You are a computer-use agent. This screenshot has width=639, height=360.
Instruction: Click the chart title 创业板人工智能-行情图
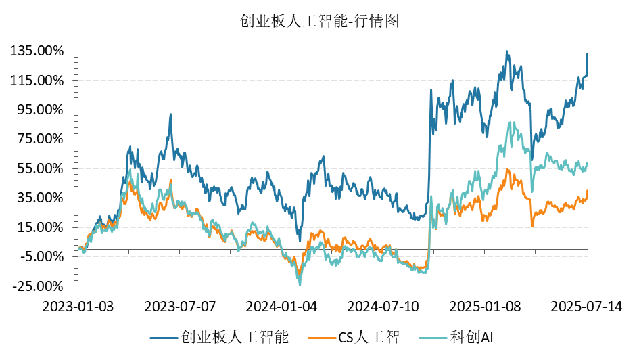320,21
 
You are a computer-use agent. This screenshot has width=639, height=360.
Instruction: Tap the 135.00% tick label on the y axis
37,51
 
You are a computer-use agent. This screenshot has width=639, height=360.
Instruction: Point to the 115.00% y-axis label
37,81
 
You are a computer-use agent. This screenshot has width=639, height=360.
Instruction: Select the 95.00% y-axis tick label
40,110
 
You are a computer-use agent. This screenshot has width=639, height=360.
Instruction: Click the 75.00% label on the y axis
40,139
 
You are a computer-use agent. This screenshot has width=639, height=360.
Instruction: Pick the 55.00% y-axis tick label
40,168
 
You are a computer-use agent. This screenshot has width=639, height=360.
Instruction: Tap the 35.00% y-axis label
40,198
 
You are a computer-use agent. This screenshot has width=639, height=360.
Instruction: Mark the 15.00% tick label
40,227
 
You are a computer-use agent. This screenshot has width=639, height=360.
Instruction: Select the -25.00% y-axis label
37,286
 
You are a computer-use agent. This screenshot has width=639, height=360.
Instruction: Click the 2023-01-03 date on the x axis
78,306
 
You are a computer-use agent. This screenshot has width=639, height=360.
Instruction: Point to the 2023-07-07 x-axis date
180,306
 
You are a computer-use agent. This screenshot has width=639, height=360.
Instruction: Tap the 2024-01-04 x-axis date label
282,306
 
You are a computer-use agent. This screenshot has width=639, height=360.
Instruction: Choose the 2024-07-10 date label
383,306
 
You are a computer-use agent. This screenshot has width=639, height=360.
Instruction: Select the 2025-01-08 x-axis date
485,306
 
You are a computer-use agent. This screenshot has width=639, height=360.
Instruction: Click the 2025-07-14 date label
586,306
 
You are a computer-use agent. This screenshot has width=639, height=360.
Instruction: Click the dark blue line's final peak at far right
587,54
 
